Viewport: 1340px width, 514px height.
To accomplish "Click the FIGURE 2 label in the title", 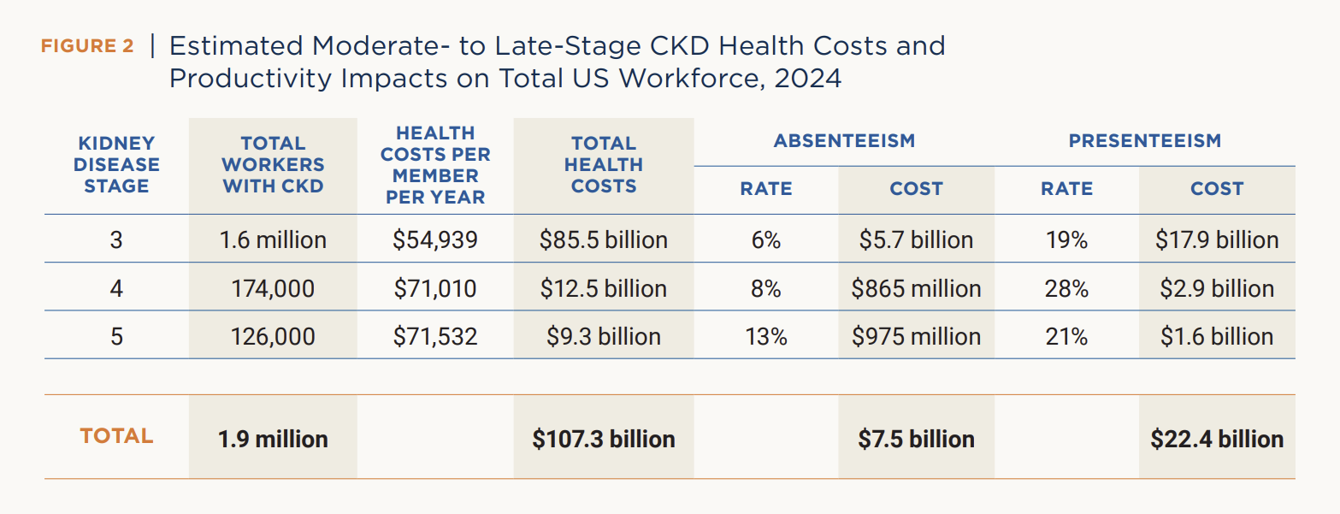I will click(x=86, y=46).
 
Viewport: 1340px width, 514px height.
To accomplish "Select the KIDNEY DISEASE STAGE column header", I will click(x=116, y=164).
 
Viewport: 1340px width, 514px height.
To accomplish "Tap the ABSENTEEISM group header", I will click(x=844, y=141).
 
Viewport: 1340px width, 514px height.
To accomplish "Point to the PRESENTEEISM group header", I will click(x=1144, y=141).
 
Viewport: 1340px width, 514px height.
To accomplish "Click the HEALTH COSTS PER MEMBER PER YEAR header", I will click(x=435, y=165).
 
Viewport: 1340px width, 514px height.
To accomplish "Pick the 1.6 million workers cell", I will click(x=273, y=240).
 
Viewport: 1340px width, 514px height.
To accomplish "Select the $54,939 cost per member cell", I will click(x=435, y=240).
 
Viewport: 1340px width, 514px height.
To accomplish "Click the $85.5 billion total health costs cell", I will click(x=603, y=240).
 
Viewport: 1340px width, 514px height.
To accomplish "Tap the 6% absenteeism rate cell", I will click(x=765, y=240).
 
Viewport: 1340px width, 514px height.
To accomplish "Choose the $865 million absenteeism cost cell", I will click(x=916, y=289).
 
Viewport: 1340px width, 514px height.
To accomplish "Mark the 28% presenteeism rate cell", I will click(x=1066, y=289).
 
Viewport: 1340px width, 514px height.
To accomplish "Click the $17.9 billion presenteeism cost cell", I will click(x=1217, y=240).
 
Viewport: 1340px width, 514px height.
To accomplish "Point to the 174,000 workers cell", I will click(x=273, y=289).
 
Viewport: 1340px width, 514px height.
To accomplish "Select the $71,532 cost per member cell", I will click(x=435, y=337).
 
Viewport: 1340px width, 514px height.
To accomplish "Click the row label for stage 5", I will click(x=116, y=337).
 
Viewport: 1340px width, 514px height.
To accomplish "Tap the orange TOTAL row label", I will click(x=116, y=436).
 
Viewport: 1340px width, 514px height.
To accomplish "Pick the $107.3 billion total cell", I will click(x=603, y=440).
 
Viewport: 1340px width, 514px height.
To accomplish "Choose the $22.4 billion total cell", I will click(x=1217, y=440).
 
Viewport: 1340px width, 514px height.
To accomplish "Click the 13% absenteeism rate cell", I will click(x=765, y=337).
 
